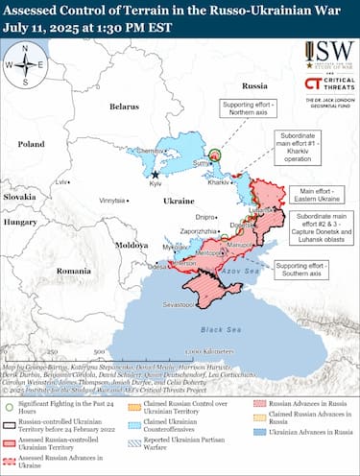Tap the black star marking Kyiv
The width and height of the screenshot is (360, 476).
[156, 175]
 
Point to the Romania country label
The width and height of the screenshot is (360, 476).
[73, 272]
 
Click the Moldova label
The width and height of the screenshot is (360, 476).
[132, 245]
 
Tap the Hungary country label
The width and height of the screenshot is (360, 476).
[19, 221]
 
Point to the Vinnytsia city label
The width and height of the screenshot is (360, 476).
[114, 200]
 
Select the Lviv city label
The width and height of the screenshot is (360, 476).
[63, 181]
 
